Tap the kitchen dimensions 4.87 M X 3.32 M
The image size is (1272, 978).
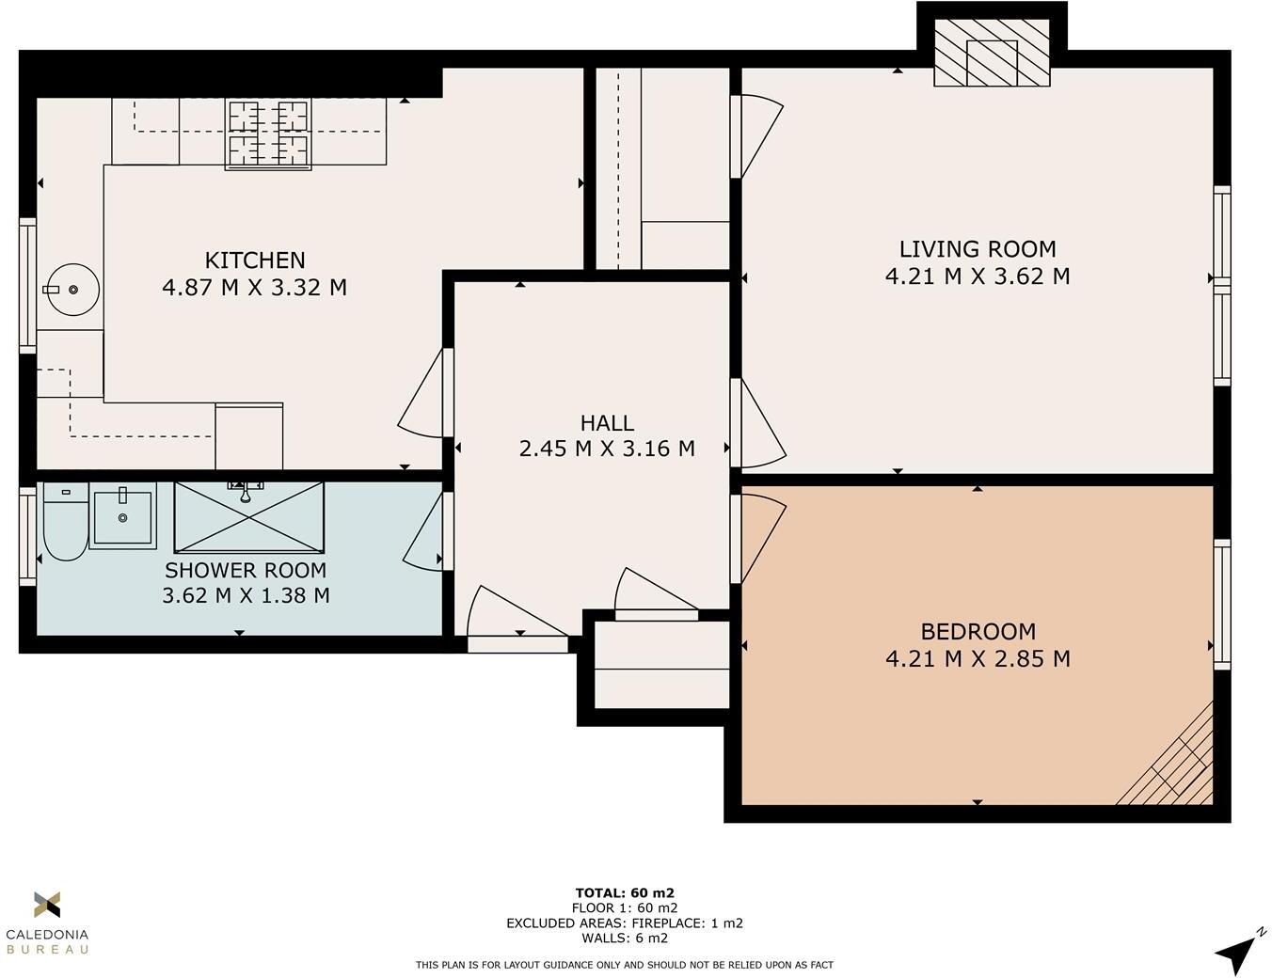pyautogui.click(x=255, y=288)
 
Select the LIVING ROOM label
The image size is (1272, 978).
pyautogui.click(x=978, y=249)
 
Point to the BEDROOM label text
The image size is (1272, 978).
pyautogui.click(x=978, y=632)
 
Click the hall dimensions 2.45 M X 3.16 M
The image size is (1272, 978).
pyautogui.click(x=607, y=450)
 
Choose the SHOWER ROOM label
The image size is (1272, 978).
pyautogui.click(x=246, y=570)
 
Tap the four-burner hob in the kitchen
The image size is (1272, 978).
pyautogui.click(x=268, y=134)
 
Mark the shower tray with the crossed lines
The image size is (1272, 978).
pyautogui.click(x=249, y=517)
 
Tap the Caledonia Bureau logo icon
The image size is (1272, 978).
pyautogui.click(x=47, y=905)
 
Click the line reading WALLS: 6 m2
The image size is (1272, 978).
pyautogui.click(x=625, y=938)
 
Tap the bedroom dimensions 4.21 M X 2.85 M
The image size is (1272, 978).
pyautogui.click(x=978, y=659)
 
